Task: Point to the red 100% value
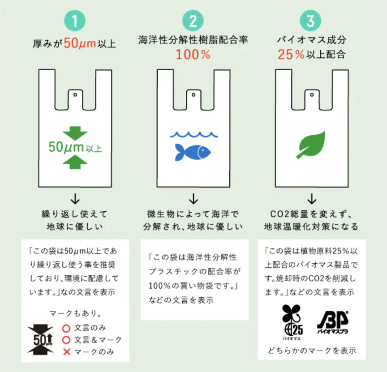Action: click(193, 55)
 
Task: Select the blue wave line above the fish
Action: click(193, 134)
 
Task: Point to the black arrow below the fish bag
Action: click(193, 197)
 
